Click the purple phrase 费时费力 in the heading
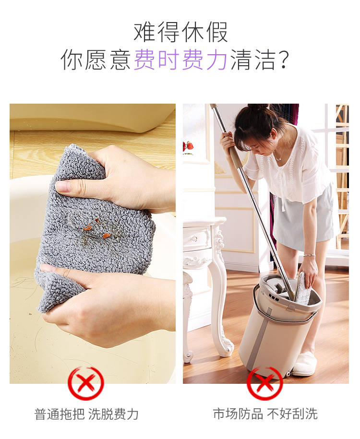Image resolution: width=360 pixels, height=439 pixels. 180,59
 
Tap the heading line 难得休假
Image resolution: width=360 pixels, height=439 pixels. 180,32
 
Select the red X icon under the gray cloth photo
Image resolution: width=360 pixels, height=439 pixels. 86,384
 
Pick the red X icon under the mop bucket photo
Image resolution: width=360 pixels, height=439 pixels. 265,383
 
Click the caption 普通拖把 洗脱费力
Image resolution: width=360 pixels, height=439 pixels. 86,414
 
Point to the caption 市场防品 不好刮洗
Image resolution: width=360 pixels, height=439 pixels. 265,414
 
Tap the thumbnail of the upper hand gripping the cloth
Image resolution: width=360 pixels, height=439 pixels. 63,187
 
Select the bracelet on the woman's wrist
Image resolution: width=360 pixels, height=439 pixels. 309,255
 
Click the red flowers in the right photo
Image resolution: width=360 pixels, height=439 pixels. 188,146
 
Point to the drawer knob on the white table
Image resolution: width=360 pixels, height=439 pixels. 194,239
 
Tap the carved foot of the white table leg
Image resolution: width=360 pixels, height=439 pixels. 228,348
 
